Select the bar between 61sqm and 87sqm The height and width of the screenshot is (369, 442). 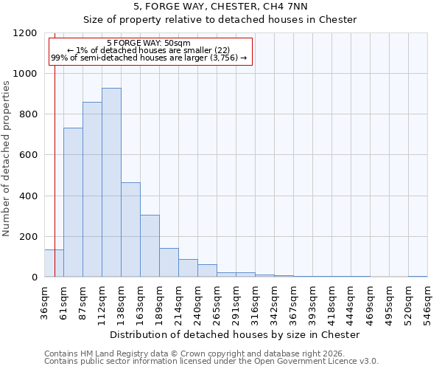(x=73, y=202)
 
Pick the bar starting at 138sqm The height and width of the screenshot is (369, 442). (x=130, y=230)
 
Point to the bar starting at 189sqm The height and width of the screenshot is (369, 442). (x=169, y=263)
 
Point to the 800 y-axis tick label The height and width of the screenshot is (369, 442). (x=29, y=114)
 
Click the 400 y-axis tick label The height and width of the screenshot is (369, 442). (x=29, y=196)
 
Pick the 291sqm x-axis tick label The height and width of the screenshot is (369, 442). (x=236, y=303)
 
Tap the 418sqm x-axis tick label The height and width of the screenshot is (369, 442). (x=331, y=303)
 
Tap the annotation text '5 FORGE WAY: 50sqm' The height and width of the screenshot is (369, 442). (x=149, y=44)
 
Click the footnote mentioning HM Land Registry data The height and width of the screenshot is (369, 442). (x=194, y=354)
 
